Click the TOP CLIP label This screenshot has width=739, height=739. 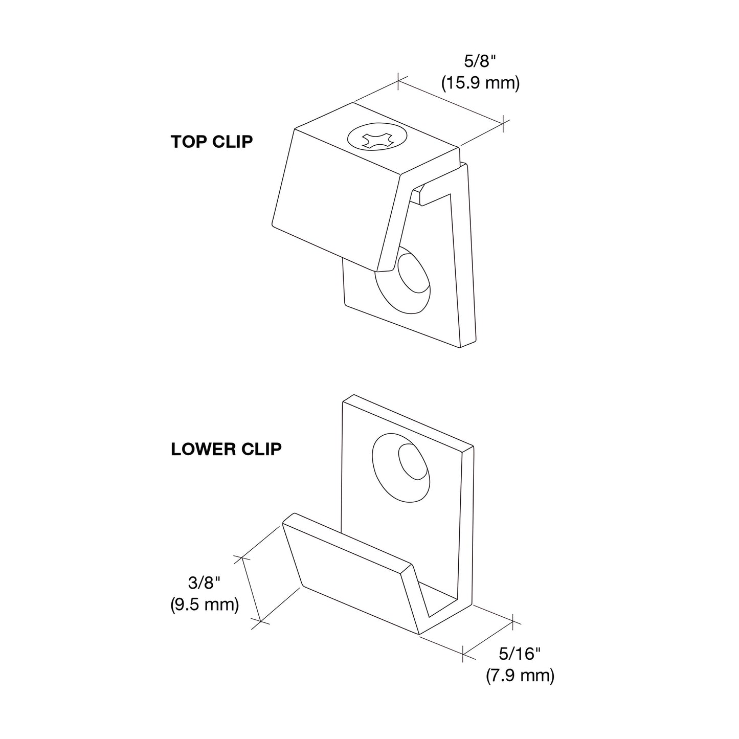click(212, 142)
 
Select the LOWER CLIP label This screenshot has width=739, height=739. click(226, 449)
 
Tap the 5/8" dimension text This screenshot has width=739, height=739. click(480, 61)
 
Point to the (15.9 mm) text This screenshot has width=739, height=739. click(481, 83)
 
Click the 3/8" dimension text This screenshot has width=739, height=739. click(205, 583)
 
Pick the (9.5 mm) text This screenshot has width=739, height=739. click(205, 605)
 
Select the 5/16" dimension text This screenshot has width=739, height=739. click(520, 654)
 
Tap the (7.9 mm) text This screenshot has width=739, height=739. click(520, 676)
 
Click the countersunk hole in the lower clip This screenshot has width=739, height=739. click(401, 467)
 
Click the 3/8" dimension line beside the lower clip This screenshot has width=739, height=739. click(251, 589)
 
